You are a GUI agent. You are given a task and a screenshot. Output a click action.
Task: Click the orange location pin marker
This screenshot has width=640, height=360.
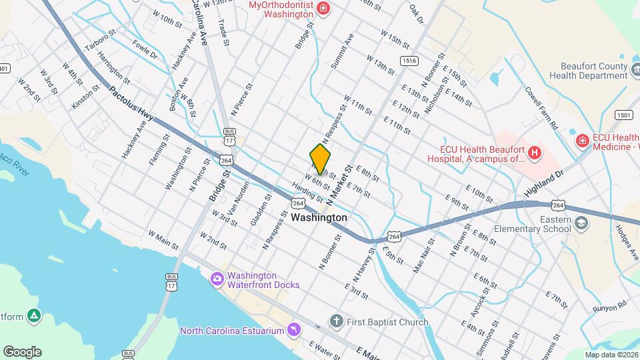click(x=320, y=159)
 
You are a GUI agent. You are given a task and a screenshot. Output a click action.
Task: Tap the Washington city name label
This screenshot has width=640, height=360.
click(x=319, y=217)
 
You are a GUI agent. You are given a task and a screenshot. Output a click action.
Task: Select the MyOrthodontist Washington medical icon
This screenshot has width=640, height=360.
click(x=323, y=8)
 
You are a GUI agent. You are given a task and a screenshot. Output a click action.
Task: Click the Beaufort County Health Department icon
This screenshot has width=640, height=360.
click(x=633, y=67)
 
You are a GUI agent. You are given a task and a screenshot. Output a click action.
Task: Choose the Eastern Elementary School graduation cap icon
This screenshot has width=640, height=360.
click(x=581, y=223)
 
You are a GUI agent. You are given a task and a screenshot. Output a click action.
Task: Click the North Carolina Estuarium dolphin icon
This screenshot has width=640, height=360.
click(x=293, y=331)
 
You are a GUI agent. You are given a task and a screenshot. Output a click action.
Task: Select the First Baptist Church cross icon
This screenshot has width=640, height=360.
click(x=336, y=322)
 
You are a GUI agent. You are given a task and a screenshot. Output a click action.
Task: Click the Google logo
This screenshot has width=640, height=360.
click(x=22, y=351)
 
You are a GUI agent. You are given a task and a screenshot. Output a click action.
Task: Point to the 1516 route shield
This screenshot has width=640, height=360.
click(x=409, y=61)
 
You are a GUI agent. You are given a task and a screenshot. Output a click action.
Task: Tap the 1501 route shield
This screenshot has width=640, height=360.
click(x=624, y=115)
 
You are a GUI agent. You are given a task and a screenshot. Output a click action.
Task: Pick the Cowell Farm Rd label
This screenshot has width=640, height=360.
click(x=541, y=107)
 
